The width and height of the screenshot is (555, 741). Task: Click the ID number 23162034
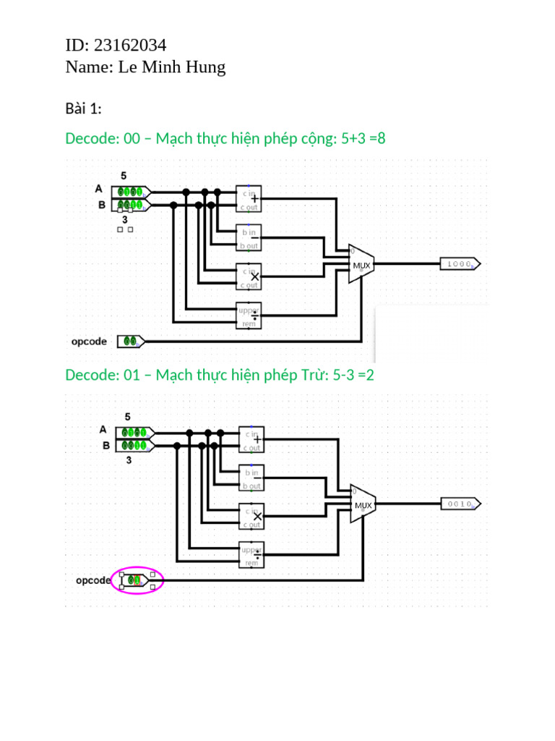(130, 46)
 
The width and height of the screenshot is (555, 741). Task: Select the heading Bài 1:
(83, 109)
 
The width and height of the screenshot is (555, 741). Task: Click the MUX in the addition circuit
(361, 264)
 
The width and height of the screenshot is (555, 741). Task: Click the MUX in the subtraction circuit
(363, 504)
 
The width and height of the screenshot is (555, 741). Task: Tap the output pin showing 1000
(460, 264)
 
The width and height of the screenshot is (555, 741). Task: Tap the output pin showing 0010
(460, 504)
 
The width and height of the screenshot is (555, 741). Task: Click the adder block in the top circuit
(249, 198)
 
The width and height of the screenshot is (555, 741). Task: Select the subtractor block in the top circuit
(249, 237)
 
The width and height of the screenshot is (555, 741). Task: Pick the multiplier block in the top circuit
(249, 276)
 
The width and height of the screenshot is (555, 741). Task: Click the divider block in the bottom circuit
(251, 555)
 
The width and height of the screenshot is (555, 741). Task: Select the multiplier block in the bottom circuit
(251, 516)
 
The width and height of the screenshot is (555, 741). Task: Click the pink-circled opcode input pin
(137, 580)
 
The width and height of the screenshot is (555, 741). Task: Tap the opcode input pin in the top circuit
(132, 341)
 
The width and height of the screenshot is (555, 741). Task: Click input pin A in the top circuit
(132, 192)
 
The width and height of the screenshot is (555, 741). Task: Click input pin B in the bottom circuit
(134, 445)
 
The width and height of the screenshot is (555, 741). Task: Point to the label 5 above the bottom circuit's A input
(128, 417)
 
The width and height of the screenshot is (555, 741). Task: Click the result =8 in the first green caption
(376, 138)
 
